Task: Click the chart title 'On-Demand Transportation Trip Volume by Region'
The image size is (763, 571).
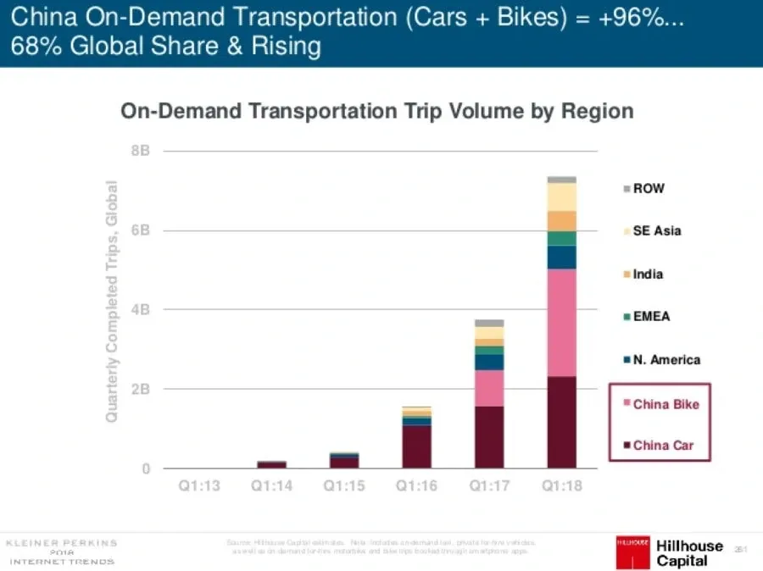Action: [376, 112]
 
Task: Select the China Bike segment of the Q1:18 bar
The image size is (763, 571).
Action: [561, 323]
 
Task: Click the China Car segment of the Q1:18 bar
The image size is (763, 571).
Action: [561, 422]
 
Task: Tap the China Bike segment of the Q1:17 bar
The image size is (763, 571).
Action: [489, 388]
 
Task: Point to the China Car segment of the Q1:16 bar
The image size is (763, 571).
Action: [417, 446]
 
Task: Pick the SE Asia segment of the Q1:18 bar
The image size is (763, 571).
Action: [561, 197]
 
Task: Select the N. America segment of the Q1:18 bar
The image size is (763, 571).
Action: [561, 258]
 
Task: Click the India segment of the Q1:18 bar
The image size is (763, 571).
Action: [561, 220]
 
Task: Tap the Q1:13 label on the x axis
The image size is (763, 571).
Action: [200, 488]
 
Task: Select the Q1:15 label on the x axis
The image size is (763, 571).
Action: [344, 488]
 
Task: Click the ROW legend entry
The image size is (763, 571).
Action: [648, 189]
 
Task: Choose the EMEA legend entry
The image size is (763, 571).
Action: [651, 317]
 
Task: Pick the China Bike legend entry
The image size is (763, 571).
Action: [665, 404]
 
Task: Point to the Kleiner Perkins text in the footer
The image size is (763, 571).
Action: [61, 543]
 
